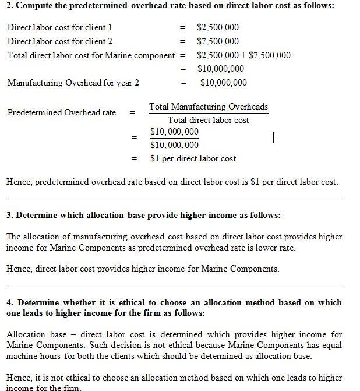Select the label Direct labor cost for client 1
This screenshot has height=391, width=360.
point(60,27)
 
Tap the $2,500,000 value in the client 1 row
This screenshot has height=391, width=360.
point(218,27)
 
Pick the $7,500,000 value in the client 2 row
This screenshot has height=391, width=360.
point(218,41)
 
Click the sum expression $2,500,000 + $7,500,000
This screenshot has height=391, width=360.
point(243,55)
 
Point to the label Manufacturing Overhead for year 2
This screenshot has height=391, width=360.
point(73,83)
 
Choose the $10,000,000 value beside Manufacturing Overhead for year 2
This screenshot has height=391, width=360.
point(223,83)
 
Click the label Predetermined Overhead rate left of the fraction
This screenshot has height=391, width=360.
point(61,112)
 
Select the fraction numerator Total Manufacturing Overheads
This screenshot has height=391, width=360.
point(209,107)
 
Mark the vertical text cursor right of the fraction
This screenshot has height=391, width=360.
point(273,137)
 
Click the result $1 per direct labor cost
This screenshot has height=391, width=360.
point(193,158)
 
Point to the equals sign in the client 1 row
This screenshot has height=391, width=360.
point(183,27)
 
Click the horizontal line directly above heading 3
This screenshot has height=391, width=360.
point(174,199)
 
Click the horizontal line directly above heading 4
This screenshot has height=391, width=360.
point(174,286)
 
